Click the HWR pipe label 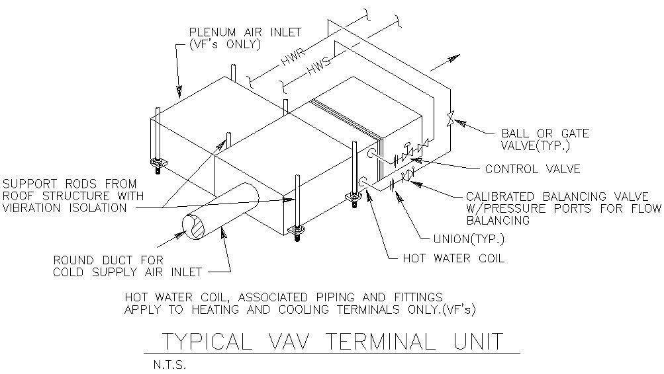[x=291, y=57]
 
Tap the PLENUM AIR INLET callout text [x=245, y=32]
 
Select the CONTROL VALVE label [x=532, y=169]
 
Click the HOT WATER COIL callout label [x=453, y=258]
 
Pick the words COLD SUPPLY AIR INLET [x=127, y=272]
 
